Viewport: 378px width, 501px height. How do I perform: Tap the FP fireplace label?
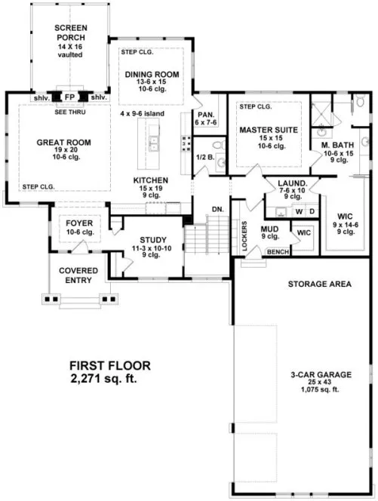69,97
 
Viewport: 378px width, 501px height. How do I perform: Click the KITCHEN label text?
151,180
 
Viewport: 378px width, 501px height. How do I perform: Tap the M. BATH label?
333,144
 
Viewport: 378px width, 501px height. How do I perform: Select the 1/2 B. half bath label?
203,157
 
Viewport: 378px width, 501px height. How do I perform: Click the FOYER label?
78,223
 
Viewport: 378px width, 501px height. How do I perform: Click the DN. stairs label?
217,208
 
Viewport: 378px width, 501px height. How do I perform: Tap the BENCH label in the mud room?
278,252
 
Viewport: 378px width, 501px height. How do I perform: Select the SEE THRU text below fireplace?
69,111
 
